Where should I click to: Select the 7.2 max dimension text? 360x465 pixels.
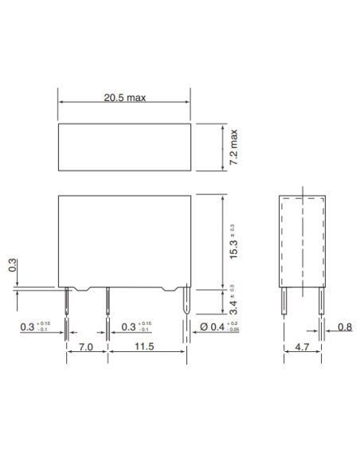point(235,147)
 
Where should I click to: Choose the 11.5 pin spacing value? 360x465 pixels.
point(144,349)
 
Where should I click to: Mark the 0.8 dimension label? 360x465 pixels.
point(344,326)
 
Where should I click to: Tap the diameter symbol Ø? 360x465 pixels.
point(204,327)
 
